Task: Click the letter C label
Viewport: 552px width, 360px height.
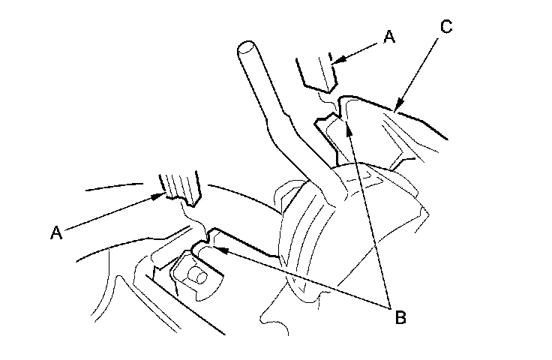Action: [445, 28]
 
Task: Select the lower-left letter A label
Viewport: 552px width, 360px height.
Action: [56, 233]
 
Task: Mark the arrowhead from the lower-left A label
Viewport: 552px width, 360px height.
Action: [160, 197]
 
